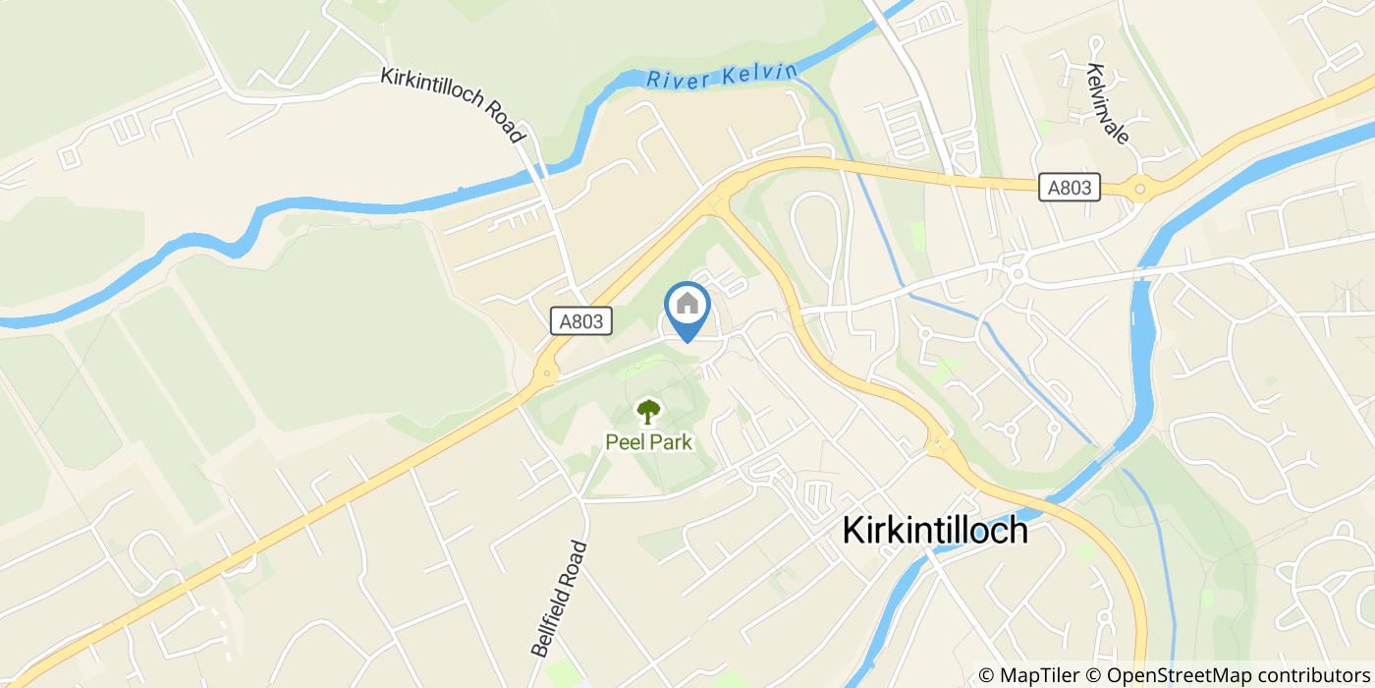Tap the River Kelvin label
pyautogui.click(x=722, y=78)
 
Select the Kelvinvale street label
pyautogui.click(x=1108, y=102)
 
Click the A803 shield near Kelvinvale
pyautogui.click(x=1070, y=187)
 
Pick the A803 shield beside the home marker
pyautogui.click(x=581, y=320)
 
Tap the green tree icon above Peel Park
pyautogui.click(x=648, y=411)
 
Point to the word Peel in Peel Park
pyautogui.click(x=625, y=442)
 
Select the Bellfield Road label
pyautogui.click(x=559, y=598)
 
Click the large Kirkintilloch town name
pyautogui.click(x=936, y=531)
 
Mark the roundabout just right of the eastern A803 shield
pyautogui.click(x=1138, y=188)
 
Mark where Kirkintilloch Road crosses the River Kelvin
pyautogui.click(x=541, y=171)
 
